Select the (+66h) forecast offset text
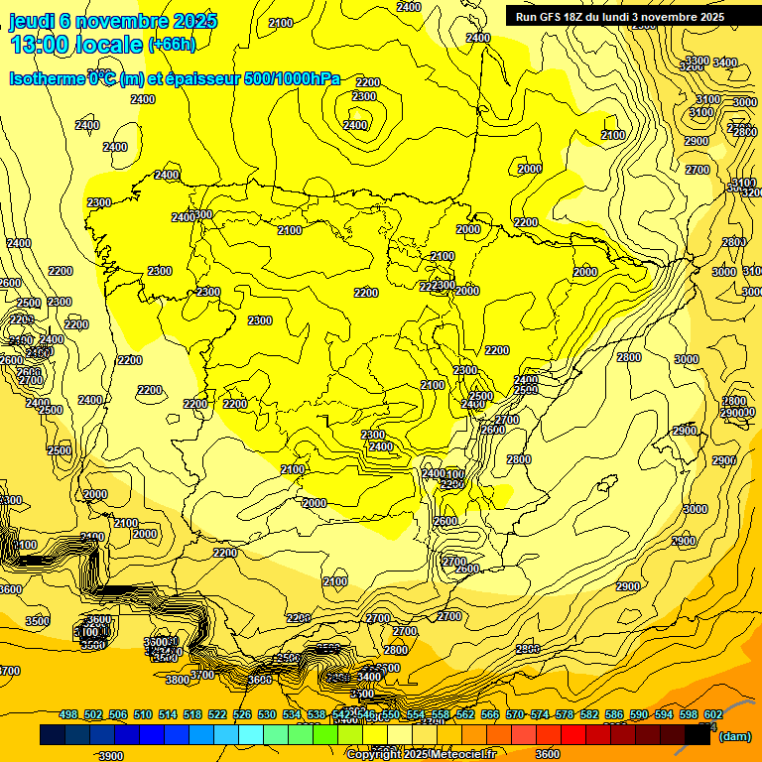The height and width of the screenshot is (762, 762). click(x=172, y=45)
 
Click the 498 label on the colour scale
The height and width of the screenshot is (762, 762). click(x=68, y=714)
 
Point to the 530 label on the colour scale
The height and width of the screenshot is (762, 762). click(x=267, y=714)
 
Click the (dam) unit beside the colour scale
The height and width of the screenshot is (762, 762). click(x=735, y=736)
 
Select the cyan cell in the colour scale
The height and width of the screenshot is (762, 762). click(x=251, y=735)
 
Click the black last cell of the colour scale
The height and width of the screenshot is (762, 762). click(x=698, y=735)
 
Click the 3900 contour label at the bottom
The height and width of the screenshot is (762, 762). click(x=111, y=756)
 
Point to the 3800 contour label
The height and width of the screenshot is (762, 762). click(x=178, y=680)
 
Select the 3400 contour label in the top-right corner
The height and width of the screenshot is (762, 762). click(x=725, y=63)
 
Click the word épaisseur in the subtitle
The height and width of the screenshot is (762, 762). click(x=196, y=78)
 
